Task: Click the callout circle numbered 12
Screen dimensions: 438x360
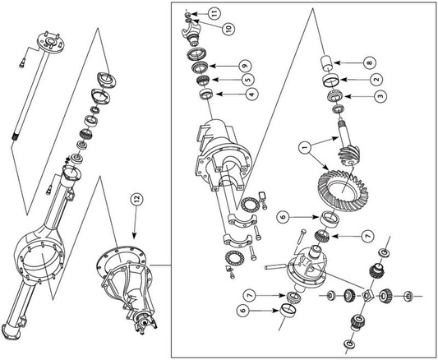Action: pyautogui.click(x=137, y=201)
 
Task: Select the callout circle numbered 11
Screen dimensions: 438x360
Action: pyautogui.click(x=214, y=13)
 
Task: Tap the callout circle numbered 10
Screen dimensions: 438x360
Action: pyautogui.click(x=228, y=28)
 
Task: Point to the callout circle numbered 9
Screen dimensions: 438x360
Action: pyautogui.click(x=245, y=67)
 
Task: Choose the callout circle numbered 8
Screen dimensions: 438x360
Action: pyautogui.click(x=369, y=62)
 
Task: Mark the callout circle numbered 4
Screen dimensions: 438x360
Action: pyautogui.click(x=252, y=94)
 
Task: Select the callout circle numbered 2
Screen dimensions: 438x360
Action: pyautogui.click(x=376, y=80)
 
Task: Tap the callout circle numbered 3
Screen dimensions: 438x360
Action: pyautogui.click(x=380, y=96)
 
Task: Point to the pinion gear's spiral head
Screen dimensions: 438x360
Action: pyautogui.click(x=350, y=156)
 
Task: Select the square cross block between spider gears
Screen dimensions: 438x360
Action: pyautogui.click(x=367, y=295)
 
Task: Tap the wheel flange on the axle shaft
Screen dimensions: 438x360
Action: pyautogui.click(x=51, y=42)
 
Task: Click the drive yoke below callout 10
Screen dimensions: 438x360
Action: pyautogui.click(x=191, y=35)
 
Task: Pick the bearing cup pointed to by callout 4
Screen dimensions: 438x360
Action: pyautogui.click(x=207, y=94)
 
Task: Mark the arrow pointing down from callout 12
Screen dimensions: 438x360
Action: pyautogui.click(x=136, y=224)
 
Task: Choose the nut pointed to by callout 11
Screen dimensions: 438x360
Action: pyautogui.click(x=188, y=14)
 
